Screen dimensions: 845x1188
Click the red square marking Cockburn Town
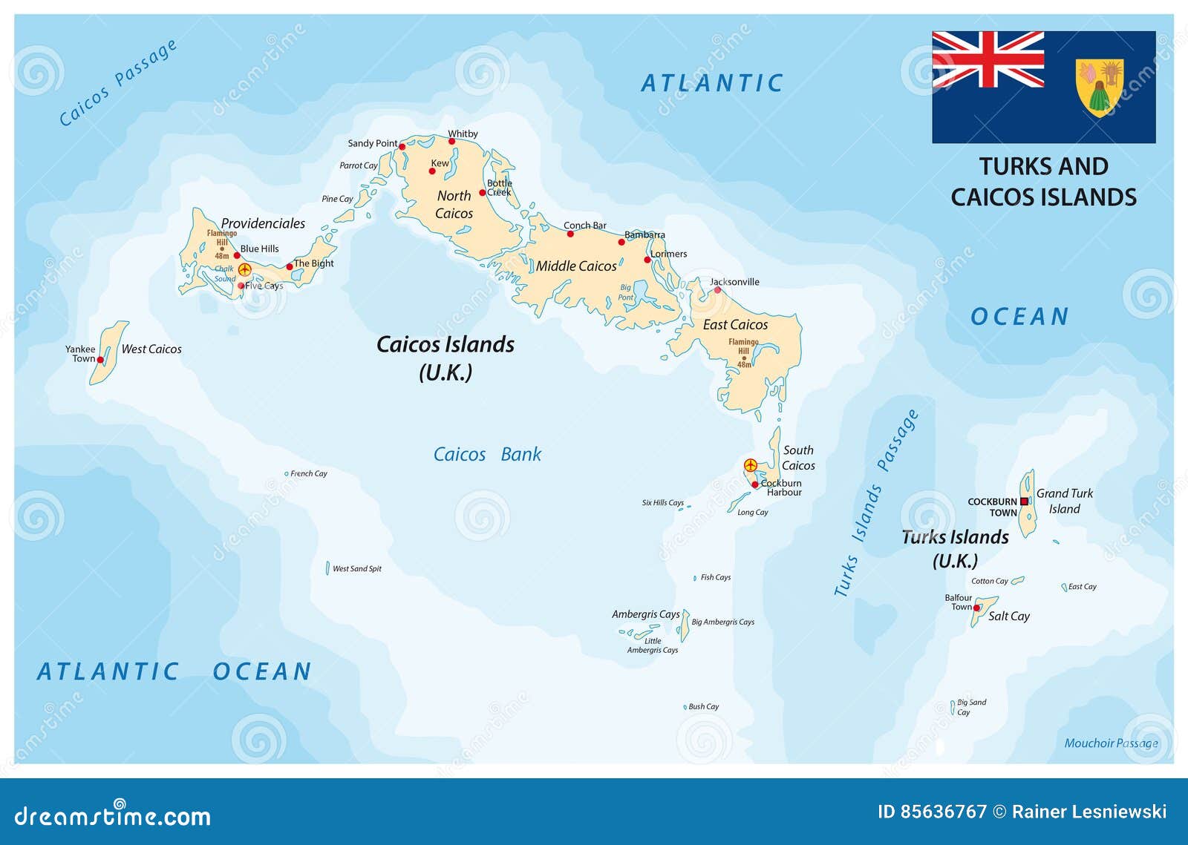pos(1024,502)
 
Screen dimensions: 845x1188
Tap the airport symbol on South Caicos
pos(751,465)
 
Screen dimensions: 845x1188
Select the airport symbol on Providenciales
pos(244,269)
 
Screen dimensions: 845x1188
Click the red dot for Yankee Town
pos(100,360)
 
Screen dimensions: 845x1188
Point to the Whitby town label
pos(463,134)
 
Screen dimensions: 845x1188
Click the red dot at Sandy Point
pos(402,146)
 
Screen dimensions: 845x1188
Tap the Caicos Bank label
pos(487,454)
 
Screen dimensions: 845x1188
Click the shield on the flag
pos(1100,88)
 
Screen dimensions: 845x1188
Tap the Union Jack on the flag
pos(988,59)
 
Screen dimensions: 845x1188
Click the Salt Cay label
pos(1008,616)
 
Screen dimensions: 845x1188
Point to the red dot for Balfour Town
pos(976,608)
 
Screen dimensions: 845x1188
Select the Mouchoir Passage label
pos(1111,743)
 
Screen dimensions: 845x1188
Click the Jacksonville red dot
pos(717,290)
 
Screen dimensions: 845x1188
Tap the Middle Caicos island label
pos(576,266)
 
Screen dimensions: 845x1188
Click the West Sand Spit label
pos(357,569)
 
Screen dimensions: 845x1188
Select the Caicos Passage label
pos(118,82)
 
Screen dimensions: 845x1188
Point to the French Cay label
pos(309,473)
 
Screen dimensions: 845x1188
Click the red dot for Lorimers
pos(647,260)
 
